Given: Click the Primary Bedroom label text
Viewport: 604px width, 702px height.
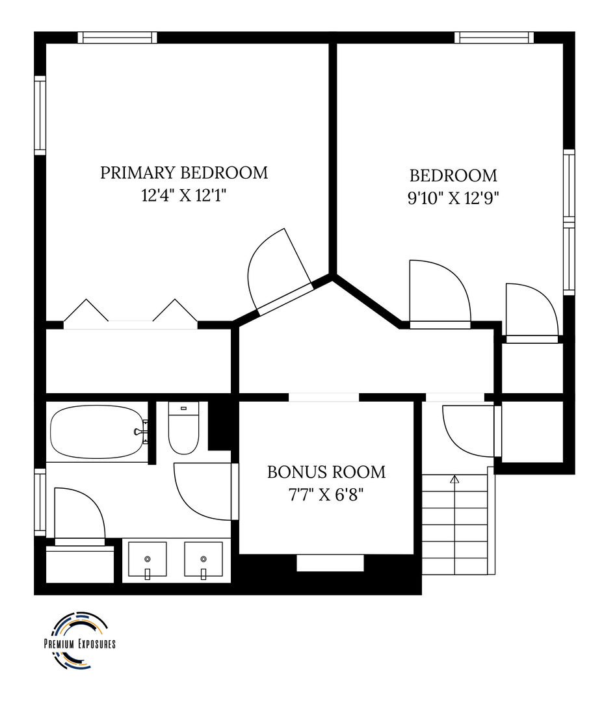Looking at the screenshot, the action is (184, 172).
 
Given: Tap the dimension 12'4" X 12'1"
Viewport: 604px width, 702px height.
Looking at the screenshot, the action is (184, 195).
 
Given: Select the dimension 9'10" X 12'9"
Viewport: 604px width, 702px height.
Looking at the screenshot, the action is (453, 198).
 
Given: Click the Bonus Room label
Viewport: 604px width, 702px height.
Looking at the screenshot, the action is (326, 472).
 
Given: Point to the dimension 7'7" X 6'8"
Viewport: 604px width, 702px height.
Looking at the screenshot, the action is (326, 495).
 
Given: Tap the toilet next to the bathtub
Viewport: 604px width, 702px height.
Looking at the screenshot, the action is (183, 428).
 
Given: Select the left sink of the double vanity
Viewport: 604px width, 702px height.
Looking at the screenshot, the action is (148, 560).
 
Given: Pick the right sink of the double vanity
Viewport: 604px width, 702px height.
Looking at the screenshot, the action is (204, 560).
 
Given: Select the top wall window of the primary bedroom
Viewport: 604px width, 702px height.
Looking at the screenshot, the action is (118, 37).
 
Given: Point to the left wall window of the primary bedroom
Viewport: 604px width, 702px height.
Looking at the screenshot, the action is (40, 116).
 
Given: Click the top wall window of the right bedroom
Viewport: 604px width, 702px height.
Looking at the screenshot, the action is (494, 37).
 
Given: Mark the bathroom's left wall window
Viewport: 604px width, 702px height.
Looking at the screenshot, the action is (40, 502).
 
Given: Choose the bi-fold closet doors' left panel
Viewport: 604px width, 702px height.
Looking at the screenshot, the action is (86, 310).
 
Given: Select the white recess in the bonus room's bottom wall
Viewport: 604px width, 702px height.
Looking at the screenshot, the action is (330, 563).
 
